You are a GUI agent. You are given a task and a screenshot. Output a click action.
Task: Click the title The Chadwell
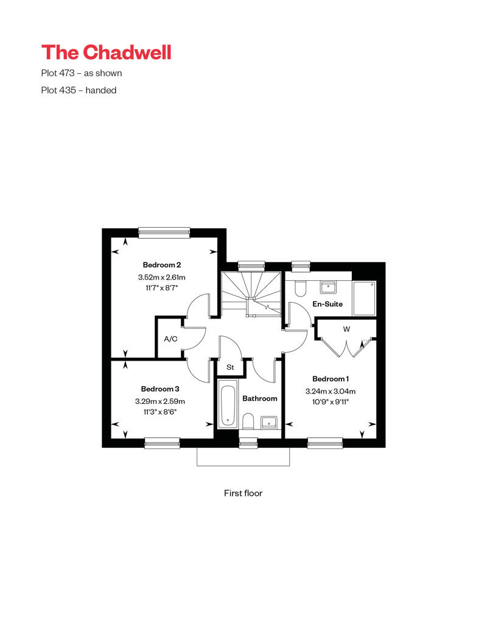[x=106, y=52]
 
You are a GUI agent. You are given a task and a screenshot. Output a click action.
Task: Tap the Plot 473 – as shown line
[x=81, y=73]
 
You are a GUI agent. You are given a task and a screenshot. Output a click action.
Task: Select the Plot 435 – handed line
[x=79, y=90]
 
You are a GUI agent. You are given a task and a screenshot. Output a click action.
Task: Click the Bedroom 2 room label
[x=162, y=265]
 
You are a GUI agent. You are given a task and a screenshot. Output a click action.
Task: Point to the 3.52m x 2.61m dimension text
[x=162, y=277]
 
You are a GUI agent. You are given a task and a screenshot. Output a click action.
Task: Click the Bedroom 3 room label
[x=160, y=389]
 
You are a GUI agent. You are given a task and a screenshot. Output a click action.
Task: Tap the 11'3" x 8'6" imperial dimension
[x=160, y=412]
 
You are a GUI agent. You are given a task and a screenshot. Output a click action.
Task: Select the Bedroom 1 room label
[x=331, y=379]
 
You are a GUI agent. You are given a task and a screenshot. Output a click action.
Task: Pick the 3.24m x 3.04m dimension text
[x=331, y=391]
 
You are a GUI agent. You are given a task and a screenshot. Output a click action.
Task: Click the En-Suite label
[x=328, y=304]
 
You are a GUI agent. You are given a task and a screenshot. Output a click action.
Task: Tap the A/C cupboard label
[x=170, y=339]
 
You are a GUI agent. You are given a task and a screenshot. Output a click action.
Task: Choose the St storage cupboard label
[x=230, y=367]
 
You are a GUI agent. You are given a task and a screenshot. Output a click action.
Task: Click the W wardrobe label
[x=346, y=329]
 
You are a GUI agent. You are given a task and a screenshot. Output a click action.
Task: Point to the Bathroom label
[x=260, y=398]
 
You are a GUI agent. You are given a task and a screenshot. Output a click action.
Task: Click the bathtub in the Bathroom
[x=228, y=406]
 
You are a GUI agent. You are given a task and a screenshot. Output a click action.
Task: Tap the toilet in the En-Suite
[x=300, y=288]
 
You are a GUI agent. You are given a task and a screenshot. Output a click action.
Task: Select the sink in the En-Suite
[x=328, y=287]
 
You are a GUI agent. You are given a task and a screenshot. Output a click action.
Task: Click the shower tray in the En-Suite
[x=364, y=298]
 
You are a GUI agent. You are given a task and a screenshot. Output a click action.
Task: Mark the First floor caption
[x=243, y=493]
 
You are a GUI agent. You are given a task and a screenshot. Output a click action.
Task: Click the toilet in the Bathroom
[x=248, y=421]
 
